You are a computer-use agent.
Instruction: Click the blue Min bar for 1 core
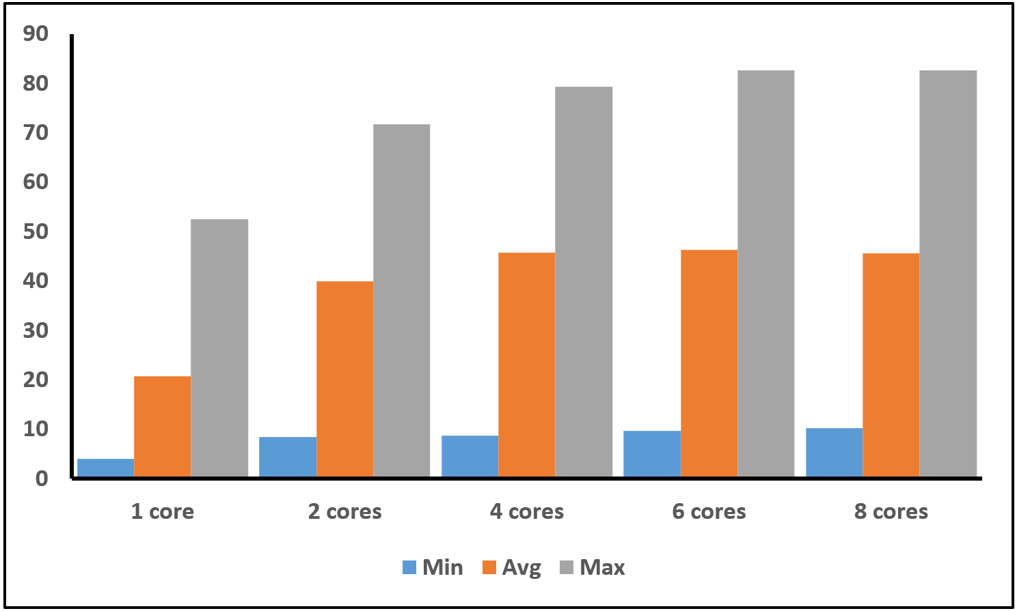tap(105, 468)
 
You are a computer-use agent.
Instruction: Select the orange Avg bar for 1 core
tap(162, 426)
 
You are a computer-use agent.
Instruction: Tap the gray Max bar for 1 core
tap(219, 347)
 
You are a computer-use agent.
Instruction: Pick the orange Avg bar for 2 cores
tap(344, 379)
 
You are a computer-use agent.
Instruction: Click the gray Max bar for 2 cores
tap(401, 300)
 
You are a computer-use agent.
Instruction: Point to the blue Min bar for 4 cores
tap(470, 456)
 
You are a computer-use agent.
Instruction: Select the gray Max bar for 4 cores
tap(584, 281)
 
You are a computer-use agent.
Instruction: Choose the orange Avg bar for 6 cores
tap(709, 363)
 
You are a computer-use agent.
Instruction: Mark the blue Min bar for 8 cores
tap(834, 452)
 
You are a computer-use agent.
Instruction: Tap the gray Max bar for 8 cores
tap(948, 273)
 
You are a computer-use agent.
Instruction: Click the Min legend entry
tap(433, 567)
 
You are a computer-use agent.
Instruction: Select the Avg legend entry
tap(512, 567)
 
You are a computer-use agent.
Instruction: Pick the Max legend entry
tap(592, 567)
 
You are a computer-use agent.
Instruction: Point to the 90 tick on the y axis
tap(36, 33)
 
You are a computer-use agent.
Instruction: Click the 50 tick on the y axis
tap(36, 231)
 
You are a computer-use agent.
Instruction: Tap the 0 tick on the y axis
tap(42, 479)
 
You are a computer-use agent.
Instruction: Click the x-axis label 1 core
tap(163, 511)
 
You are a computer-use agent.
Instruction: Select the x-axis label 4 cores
tap(527, 511)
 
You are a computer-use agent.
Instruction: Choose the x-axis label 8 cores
tap(891, 511)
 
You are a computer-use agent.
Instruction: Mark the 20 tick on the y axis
tap(36, 380)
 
